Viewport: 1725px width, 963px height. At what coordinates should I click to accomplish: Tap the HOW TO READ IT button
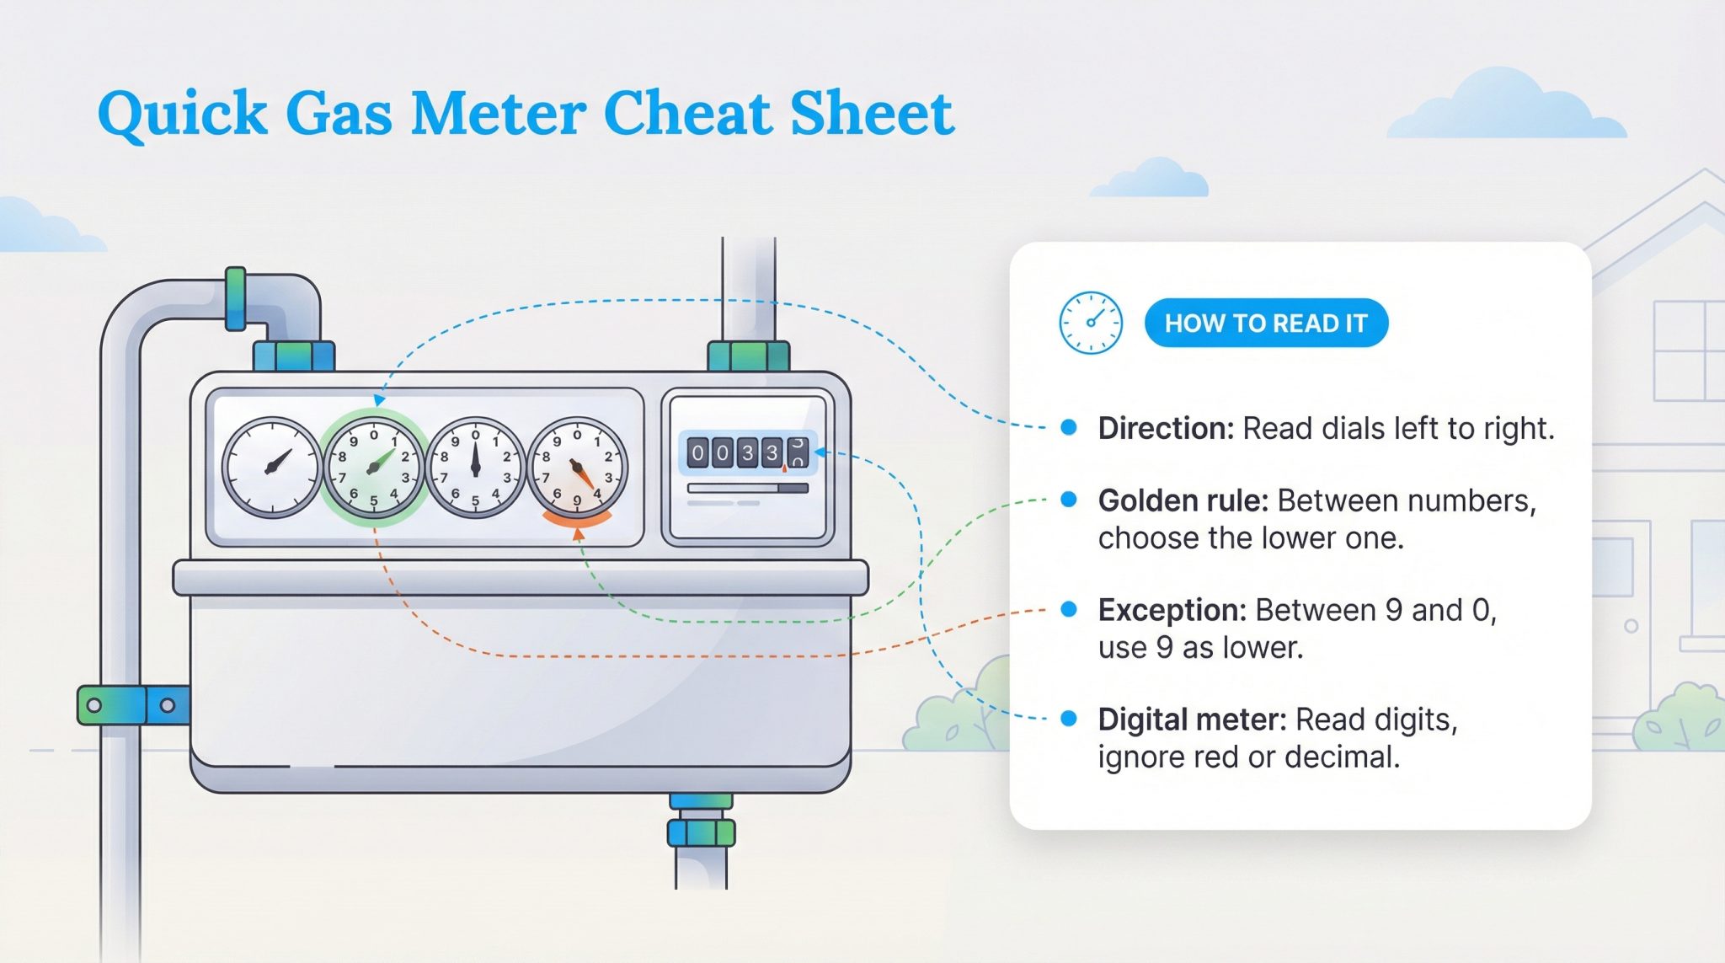pos(1265,323)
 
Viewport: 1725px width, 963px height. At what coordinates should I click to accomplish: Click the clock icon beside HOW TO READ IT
pos(1090,323)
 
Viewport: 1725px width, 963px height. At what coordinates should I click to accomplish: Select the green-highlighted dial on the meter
pos(373,468)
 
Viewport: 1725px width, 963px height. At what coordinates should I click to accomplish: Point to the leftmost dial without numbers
pos(272,468)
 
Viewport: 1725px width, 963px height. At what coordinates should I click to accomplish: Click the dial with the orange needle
pos(577,468)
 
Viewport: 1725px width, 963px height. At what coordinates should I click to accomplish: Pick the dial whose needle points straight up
pos(475,468)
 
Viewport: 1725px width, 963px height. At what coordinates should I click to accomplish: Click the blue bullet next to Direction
pos(1069,427)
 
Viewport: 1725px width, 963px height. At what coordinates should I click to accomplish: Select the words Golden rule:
pos(1183,500)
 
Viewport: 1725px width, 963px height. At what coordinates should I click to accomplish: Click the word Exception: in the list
pos(1172,610)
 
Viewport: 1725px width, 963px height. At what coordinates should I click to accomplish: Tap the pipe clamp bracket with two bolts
pos(132,705)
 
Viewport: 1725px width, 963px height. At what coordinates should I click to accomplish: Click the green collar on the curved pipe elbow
pos(236,298)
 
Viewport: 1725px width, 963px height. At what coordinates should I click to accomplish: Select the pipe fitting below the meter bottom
pos(701,832)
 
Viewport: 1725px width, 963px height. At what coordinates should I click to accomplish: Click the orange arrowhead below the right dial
pos(578,533)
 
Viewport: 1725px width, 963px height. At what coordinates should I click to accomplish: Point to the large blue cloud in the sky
pos(1508,108)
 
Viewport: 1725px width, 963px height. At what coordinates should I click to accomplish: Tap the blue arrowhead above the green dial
pos(380,400)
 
